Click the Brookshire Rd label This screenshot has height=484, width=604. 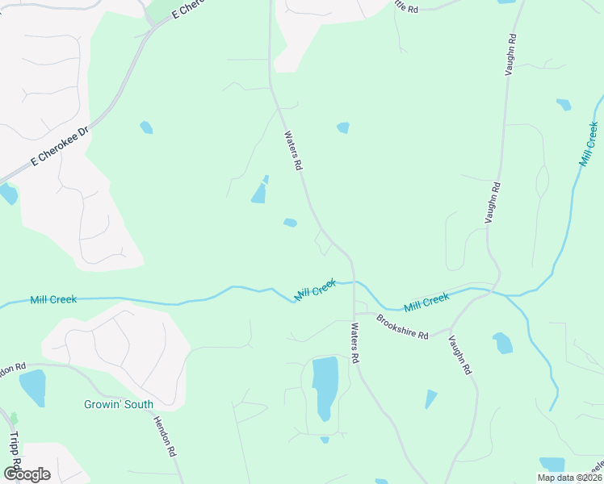402,327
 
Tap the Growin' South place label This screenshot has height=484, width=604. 118,404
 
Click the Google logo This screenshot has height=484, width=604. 27,474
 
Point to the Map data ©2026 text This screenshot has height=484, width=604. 569,478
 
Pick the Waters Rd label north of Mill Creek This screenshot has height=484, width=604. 292,151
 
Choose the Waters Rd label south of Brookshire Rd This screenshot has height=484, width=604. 354,343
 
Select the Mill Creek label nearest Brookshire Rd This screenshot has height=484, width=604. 426,302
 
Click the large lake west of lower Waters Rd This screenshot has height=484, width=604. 325,386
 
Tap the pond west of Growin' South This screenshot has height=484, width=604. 32,388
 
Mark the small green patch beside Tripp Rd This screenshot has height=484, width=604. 13,419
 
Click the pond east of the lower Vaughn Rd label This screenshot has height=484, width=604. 502,343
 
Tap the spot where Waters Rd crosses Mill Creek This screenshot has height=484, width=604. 353,282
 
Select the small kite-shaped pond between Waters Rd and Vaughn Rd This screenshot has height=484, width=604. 430,398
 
